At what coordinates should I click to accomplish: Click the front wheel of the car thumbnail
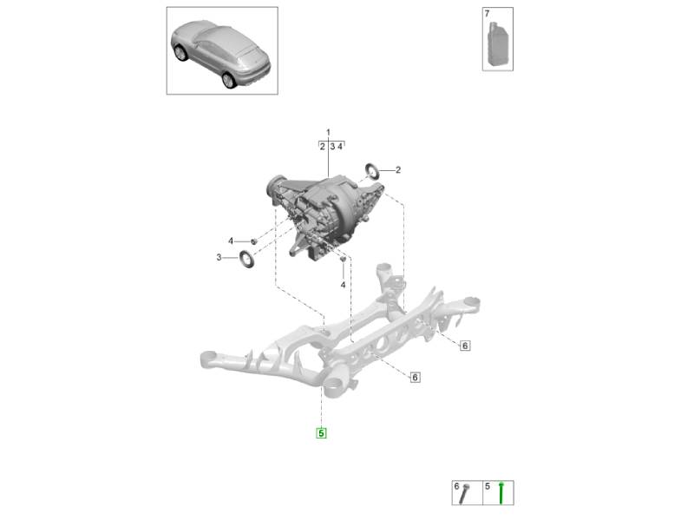tap(181, 53)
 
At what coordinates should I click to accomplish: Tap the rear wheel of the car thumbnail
tap(228, 80)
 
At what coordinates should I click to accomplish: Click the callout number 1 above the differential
tap(328, 132)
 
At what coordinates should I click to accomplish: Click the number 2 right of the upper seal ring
tap(398, 169)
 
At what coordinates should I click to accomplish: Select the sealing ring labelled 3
tap(246, 259)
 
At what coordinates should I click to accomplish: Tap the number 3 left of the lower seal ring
tap(219, 257)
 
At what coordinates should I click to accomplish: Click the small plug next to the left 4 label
tap(254, 241)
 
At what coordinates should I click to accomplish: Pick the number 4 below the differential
tap(343, 286)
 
